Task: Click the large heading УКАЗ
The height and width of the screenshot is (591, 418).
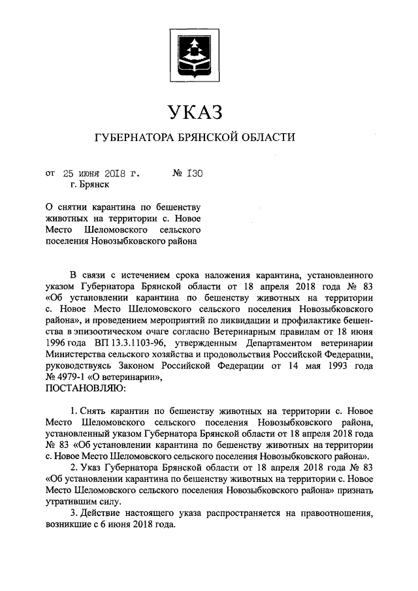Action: pyautogui.click(x=195, y=112)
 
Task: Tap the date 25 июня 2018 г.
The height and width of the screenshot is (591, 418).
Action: pyautogui.click(x=101, y=174)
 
